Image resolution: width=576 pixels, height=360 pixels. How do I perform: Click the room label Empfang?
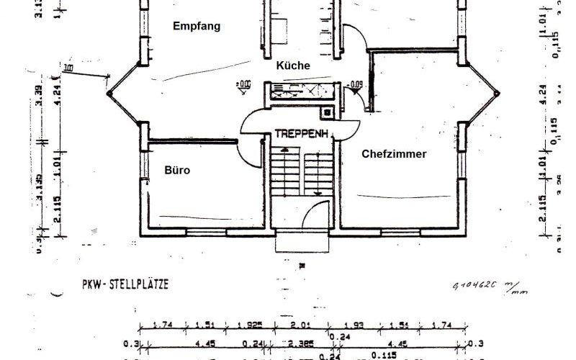[x=196, y=26]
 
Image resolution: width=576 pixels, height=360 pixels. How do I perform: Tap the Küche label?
[x=293, y=66]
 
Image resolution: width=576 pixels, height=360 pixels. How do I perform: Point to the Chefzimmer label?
[x=394, y=154]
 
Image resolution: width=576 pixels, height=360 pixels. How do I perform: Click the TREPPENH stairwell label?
[x=302, y=134]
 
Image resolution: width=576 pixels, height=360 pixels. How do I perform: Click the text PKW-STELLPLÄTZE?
[x=125, y=284]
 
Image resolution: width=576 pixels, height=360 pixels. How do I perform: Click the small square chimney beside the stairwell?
[x=328, y=112]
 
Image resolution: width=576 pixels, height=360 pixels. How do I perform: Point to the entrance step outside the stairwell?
[x=302, y=239]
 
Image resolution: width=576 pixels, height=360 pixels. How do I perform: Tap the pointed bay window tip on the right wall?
[x=498, y=93]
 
